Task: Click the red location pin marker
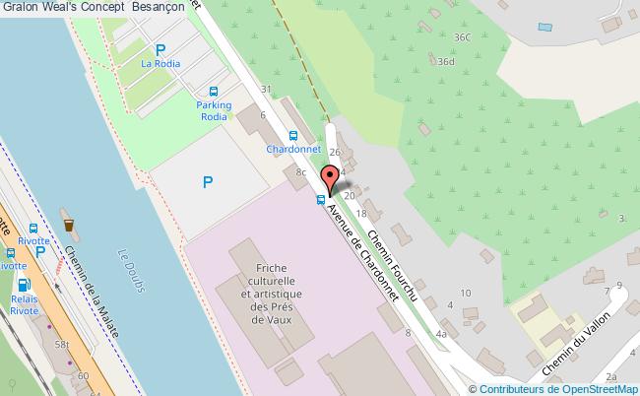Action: pos(330,179)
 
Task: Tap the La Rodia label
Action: pos(159,65)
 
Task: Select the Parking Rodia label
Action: pos(214,110)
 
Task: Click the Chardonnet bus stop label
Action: pos(294,150)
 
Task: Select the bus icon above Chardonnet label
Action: pos(293,136)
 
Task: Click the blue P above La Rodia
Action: pos(160,49)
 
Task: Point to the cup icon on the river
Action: pos(69,225)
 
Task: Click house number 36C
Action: pos(462,36)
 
